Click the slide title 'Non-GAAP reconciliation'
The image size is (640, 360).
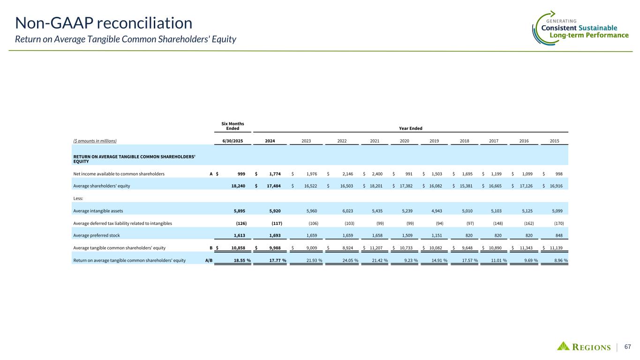click(x=104, y=22)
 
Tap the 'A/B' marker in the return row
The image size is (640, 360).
click(x=209, y=260)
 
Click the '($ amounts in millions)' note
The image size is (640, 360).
click(x=95, y=140)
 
